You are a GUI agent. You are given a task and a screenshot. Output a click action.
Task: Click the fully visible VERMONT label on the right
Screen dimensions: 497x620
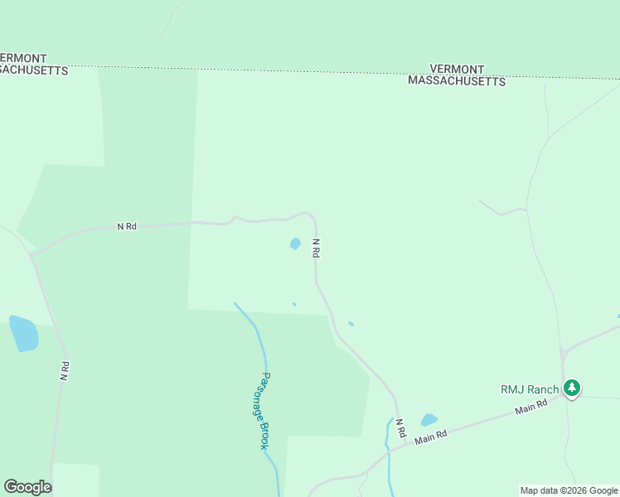point(458,70)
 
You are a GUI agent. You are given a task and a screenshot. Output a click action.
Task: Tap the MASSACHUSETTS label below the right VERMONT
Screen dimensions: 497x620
point(457,82)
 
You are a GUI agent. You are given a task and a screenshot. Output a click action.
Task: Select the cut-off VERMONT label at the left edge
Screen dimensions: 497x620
point(23,58)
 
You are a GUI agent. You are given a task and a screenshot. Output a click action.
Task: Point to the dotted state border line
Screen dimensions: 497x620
point(249,69)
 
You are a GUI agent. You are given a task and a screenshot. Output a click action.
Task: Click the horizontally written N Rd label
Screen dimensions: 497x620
point(126,226)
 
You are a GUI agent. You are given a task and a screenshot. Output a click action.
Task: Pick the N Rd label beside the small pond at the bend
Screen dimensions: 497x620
point(316,248)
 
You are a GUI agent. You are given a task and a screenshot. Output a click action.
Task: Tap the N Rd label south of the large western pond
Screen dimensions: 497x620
point(64,370)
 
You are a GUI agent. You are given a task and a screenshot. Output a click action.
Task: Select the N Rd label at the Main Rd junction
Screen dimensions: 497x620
point(400,427)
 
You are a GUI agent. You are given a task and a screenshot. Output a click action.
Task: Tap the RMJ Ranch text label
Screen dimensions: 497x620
point(530,389)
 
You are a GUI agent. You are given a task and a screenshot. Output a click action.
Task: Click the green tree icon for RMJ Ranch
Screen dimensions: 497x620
point(571,388)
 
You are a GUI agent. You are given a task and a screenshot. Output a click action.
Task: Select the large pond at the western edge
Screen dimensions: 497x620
point(23,333)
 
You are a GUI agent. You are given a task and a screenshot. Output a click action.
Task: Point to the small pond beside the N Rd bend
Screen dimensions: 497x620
point(294,244)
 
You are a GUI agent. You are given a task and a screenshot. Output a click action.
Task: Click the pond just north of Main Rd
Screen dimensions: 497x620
point(429,420)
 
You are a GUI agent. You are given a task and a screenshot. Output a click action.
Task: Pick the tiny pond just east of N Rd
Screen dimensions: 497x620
point(351,324)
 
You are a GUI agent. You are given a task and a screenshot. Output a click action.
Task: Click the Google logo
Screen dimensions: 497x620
point(27,487)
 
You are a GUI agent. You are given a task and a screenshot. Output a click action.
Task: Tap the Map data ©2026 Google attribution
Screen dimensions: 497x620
point(569,490)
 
